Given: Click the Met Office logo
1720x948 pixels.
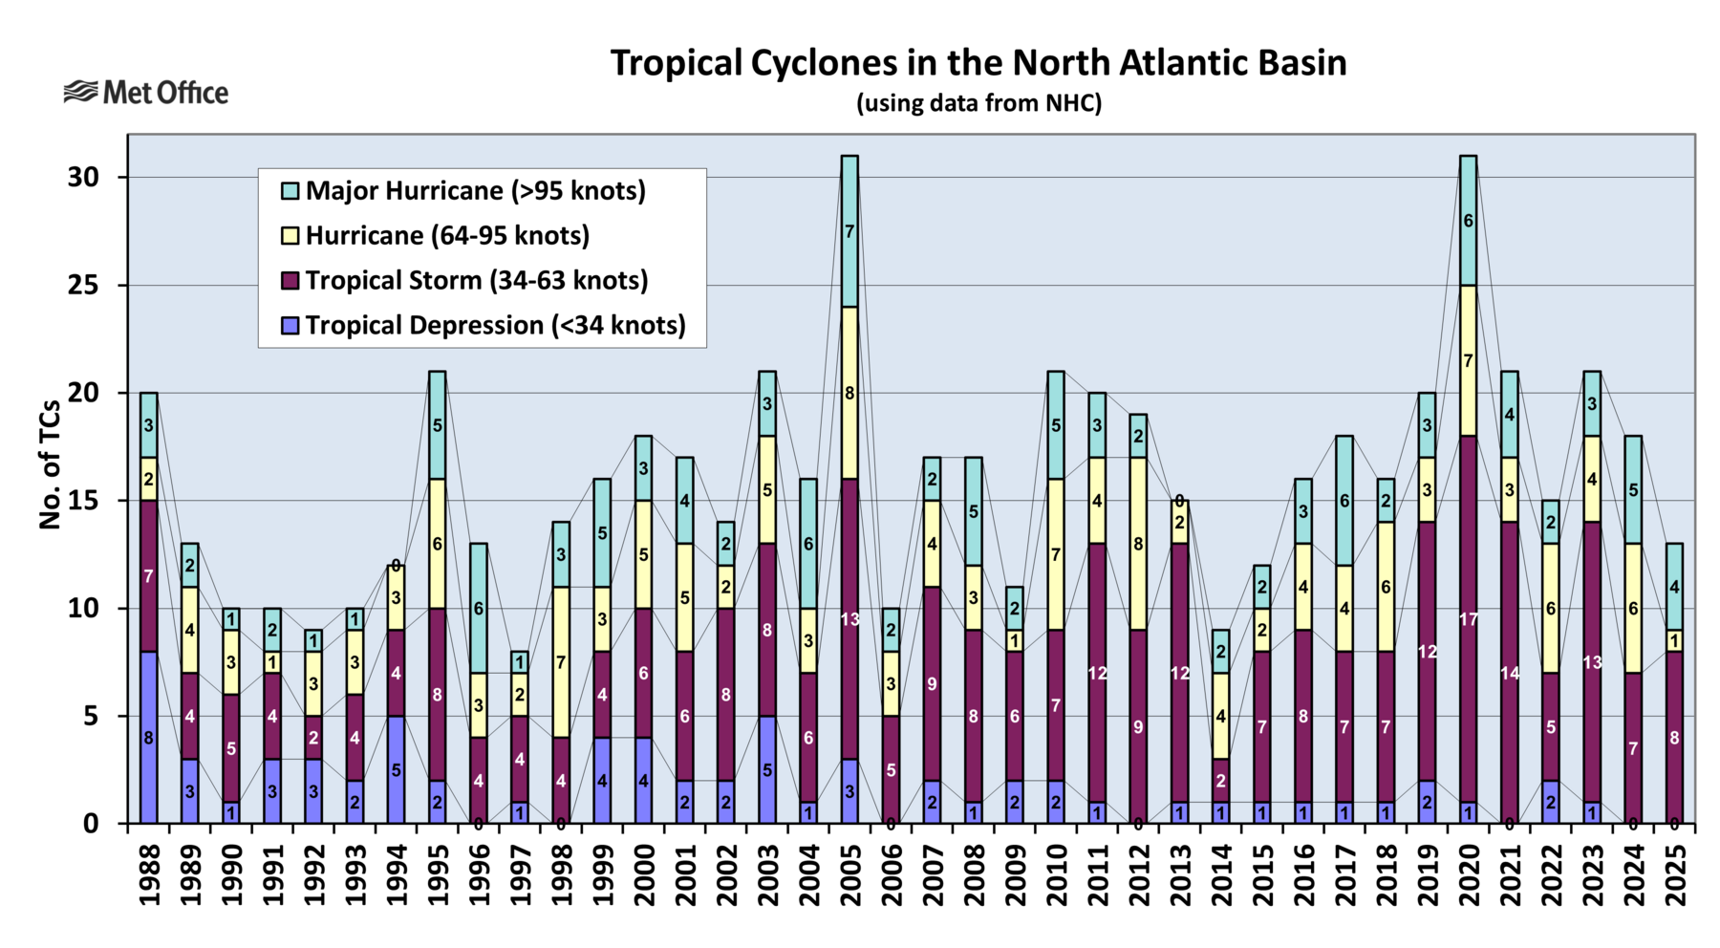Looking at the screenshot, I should coord(146,93).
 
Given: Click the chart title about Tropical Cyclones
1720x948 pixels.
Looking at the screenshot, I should coord(978,63).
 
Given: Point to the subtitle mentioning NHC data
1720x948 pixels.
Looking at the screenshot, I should coord(978,103).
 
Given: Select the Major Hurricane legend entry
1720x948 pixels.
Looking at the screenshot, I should coord(475,191).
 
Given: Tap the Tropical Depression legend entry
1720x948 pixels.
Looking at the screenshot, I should coord(495,326).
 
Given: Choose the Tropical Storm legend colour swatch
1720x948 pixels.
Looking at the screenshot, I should coord(290,281).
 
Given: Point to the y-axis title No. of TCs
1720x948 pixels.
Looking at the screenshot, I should coord(50,464).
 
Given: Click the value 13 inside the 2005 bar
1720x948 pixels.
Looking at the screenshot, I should coord(849,619).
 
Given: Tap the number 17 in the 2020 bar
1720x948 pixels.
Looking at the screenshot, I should coord(1468,619).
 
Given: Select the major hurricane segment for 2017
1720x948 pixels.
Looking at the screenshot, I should coord(1344,501).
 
